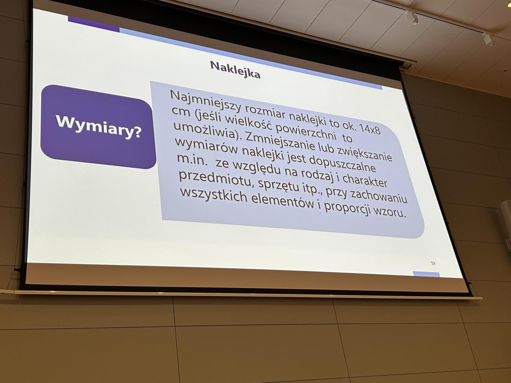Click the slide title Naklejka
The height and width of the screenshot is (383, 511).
click(x=235, y=69)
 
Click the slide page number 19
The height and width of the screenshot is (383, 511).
click(x=433, y=263)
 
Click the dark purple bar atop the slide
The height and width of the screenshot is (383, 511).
click(x=94, y=24)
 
